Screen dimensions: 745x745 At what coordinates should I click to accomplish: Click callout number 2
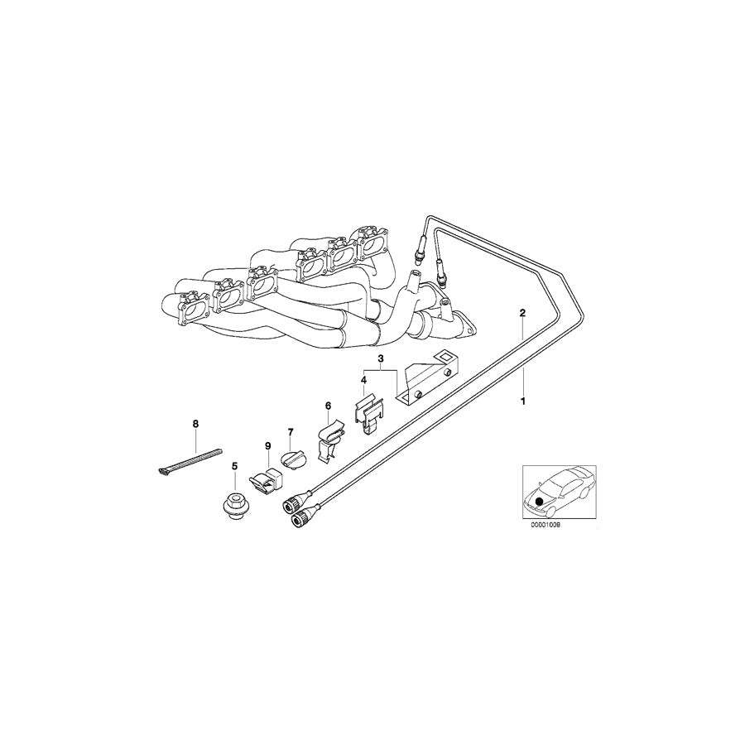point(522,313)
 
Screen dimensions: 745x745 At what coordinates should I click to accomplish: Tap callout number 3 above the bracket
point(381,359)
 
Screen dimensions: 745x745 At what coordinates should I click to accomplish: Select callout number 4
point(363,380)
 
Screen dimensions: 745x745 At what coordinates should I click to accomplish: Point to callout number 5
point(234,466)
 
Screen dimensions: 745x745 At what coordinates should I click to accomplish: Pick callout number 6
point(328,406)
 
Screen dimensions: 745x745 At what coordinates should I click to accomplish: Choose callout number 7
point(291,432)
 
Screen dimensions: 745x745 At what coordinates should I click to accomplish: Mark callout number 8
point(196,424)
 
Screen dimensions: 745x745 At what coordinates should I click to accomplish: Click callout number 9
point(268,446)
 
